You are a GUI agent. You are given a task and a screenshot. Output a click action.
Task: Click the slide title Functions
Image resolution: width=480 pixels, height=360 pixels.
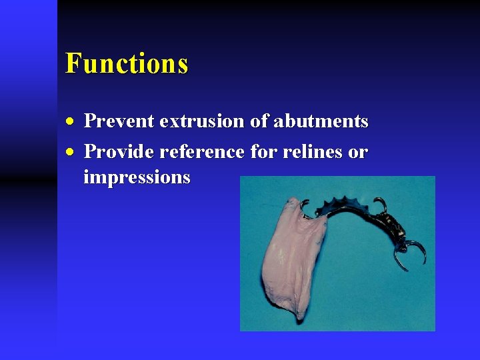pos(127,64)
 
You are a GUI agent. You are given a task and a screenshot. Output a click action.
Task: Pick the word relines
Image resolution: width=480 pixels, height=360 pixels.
pos(307,152)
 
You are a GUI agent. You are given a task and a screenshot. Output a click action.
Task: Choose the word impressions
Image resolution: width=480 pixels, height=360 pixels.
pos(137,178)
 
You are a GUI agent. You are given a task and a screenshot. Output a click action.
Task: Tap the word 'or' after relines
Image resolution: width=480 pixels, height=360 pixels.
pos(358,153)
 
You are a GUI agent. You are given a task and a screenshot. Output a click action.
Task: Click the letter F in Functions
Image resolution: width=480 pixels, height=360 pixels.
pos(73,64)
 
